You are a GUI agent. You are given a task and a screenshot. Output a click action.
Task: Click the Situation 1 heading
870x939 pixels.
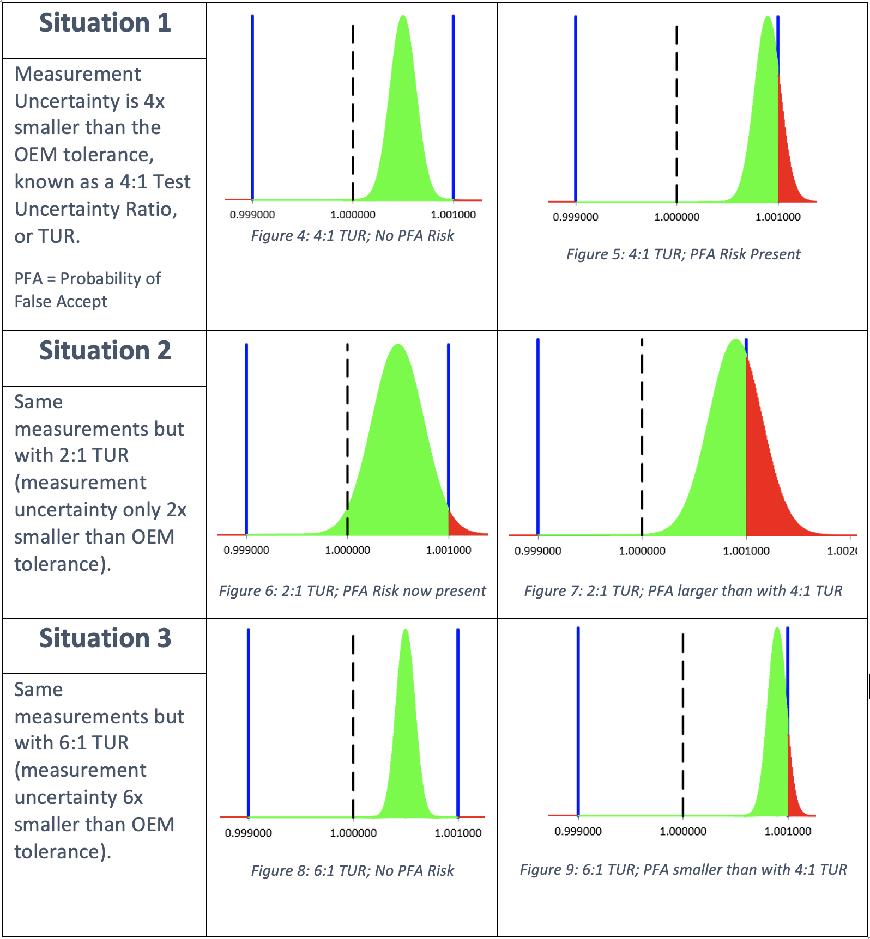coord(105,23)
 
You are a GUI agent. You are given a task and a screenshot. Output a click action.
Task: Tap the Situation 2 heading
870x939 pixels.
coord(105,351)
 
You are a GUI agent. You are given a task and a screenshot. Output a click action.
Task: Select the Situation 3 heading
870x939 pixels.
coord(105,638)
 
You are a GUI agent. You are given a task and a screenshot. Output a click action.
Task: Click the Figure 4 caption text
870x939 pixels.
coord(352,236)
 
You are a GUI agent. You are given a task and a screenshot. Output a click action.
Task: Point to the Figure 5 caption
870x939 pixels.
coord(683,254)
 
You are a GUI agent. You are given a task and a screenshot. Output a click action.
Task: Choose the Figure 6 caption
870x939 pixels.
coord(352,591)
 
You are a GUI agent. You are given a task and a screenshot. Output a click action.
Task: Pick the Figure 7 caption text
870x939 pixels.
coord(683,591)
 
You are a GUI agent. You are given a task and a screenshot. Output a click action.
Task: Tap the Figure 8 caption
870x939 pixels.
coord(352,871)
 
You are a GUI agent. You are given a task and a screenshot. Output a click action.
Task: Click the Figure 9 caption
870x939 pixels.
coord(683,870)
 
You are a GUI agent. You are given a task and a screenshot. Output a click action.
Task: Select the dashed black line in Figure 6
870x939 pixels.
coord(348,436)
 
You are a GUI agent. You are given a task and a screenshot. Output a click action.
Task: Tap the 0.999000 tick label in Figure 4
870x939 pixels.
coord(252,215)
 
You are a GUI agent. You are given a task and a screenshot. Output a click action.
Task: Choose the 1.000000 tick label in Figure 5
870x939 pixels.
coord(676,217)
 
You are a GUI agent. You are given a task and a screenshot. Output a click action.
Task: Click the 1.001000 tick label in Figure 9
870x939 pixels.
coord(788,832)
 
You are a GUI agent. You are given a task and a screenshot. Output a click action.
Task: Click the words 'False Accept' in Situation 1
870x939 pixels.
coord(61,302)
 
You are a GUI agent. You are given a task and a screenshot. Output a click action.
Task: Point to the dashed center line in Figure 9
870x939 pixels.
coord(683,724)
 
